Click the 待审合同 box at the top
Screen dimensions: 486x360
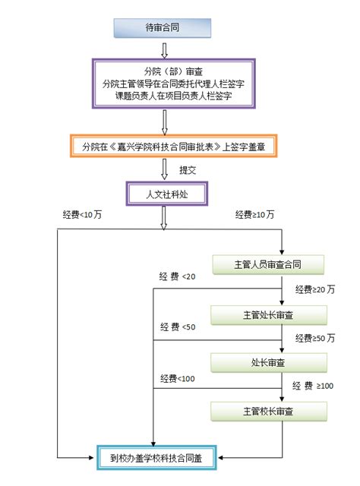pos(162,27)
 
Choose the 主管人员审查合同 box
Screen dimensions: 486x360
pos(269,264)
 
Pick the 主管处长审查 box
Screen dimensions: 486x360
pos(269,314)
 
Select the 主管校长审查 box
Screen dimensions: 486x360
pos(269,411)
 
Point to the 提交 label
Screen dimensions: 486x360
pos(188,170)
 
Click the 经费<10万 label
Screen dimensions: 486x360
pos(82,216)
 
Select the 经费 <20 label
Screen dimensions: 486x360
pos(177,277)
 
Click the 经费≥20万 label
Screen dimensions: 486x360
pos(315,289)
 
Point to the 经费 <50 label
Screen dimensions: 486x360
pos(178,327)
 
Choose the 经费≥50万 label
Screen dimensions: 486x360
pos(315,338)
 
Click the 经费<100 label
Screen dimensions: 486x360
pos(178,378)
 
